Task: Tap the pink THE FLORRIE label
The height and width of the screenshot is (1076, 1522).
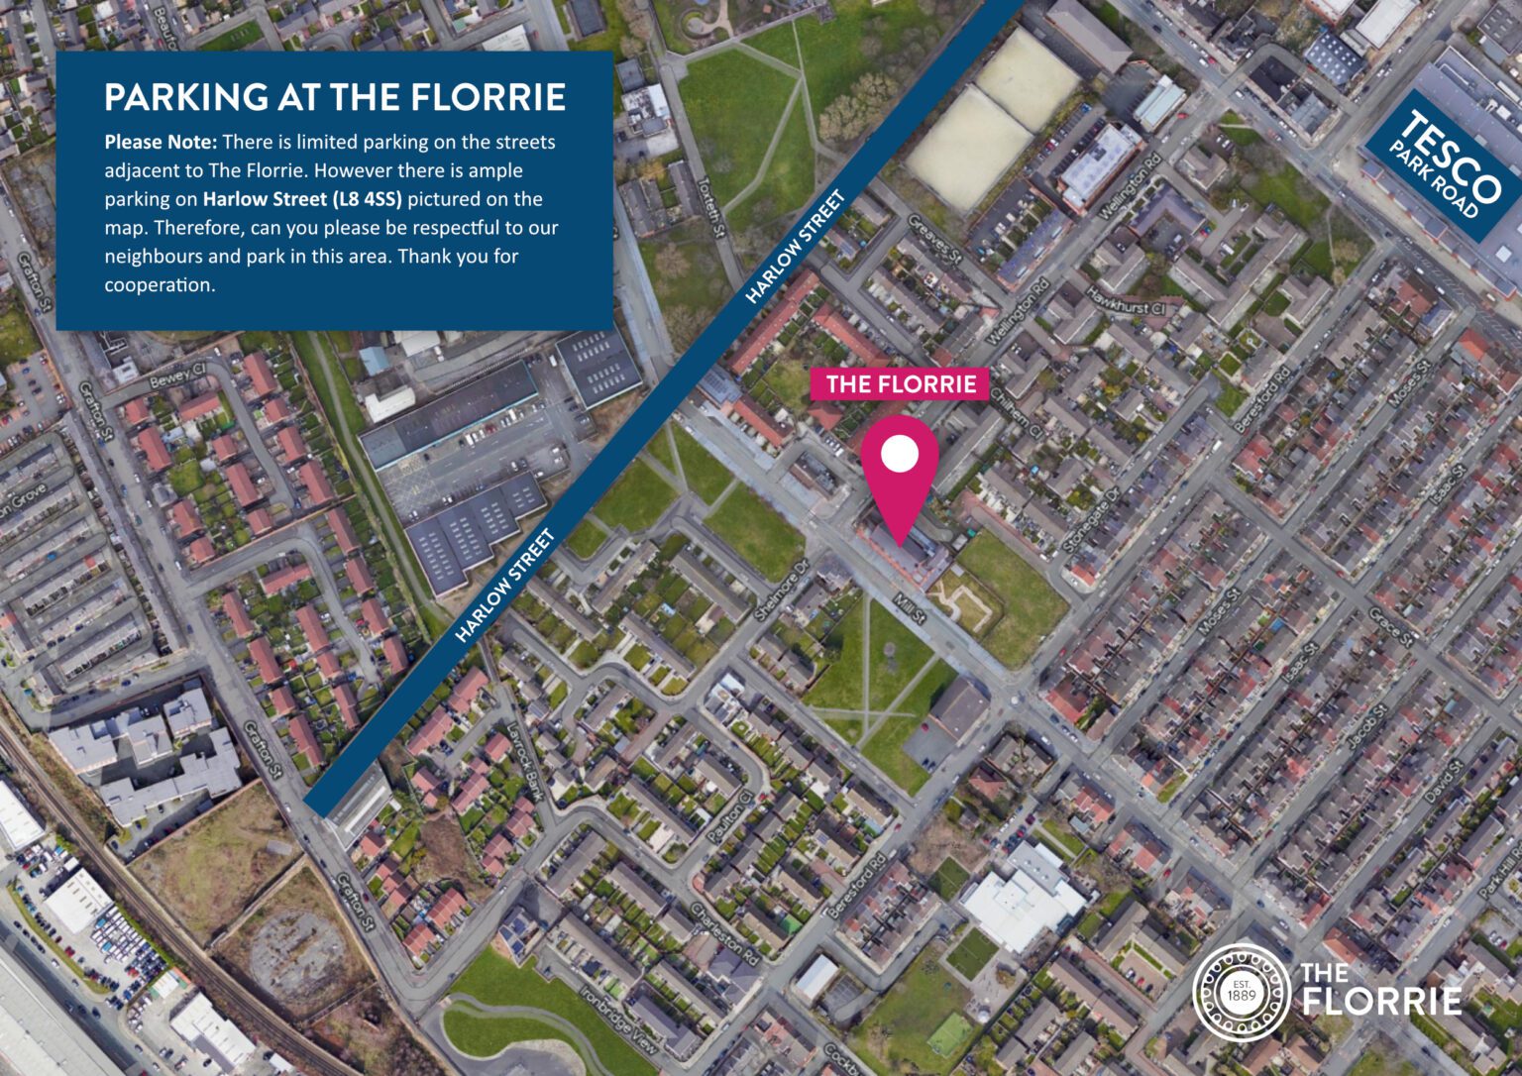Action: coord(901,383)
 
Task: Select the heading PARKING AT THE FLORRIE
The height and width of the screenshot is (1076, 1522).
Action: coord(335,97)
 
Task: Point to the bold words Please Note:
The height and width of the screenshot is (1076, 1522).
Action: coord(161,142)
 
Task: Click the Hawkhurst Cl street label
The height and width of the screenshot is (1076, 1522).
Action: coord(1126,301)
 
